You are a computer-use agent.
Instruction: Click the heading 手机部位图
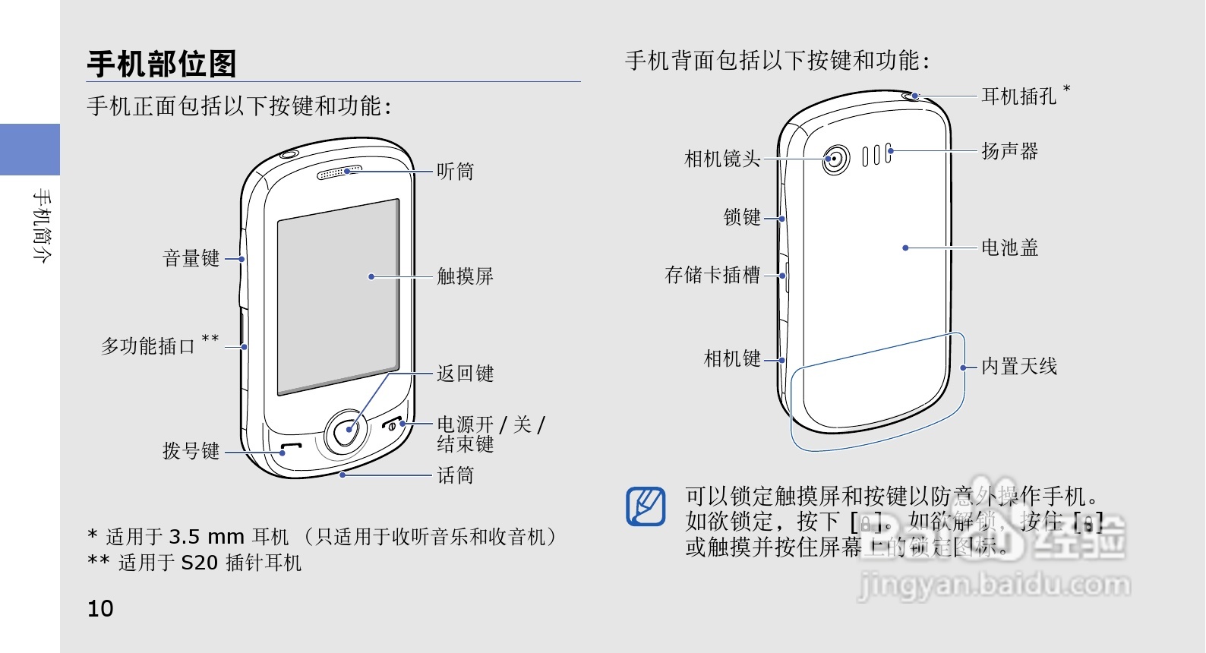click(162, 64)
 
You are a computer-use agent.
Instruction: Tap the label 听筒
click(455, 172)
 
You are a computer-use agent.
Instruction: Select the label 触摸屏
click(465, 276)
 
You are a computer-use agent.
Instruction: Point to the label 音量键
click(191, 259)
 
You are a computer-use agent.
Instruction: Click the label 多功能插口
click(149, 346)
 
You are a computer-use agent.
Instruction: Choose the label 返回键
click(465, 374)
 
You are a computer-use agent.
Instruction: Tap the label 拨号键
click(191, 451)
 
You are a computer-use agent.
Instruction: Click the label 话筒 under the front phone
click(455, 475)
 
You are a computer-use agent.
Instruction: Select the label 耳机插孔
click(1018, 96)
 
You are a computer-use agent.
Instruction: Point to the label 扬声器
click(1009, 151)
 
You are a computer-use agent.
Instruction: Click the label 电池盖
click(1009, 248)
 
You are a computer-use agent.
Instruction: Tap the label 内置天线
click(1018, 367)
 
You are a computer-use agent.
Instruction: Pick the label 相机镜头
click(722, 159)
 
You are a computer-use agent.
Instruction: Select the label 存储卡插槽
click(712, 275)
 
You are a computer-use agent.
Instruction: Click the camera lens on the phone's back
click(835, 159)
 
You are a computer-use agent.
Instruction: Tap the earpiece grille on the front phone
click(339, 173)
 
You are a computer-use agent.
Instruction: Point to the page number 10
click(100, 609)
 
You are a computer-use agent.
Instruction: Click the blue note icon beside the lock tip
click(646, 506)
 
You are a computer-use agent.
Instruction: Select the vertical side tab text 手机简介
click(42, 226)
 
